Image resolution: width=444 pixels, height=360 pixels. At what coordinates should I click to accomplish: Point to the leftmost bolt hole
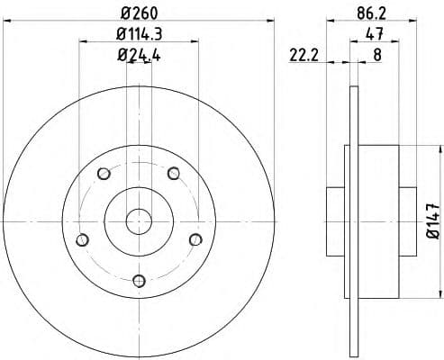coord(83,238)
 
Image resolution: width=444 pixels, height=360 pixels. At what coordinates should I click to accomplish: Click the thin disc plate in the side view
coord(350,220)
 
